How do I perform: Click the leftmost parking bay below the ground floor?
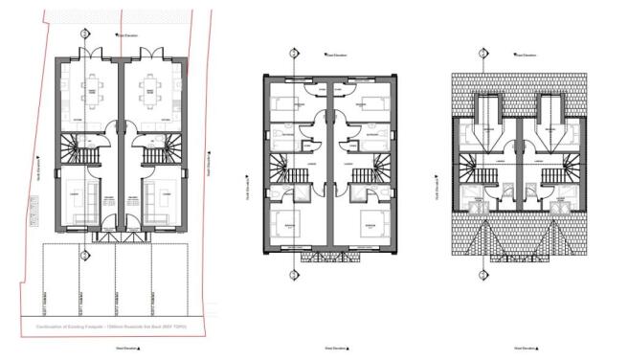pyautogui.click(x=59, y=278)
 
